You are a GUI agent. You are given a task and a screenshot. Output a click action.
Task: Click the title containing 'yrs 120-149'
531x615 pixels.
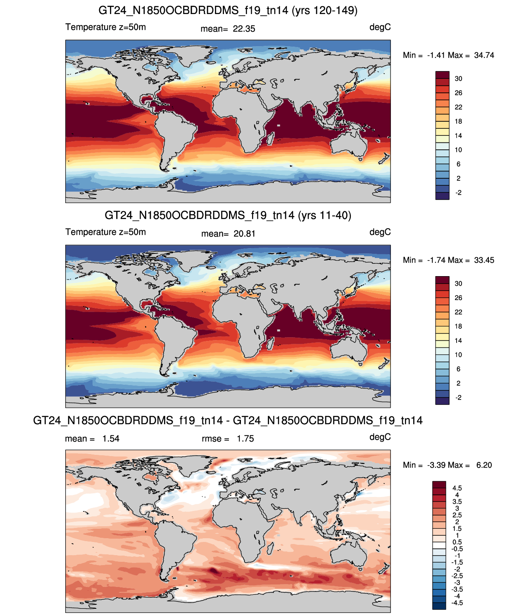coord(228,10)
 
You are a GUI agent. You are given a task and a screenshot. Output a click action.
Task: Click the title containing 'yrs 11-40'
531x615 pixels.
coord(228,215)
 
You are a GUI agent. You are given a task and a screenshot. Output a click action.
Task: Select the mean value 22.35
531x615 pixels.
coord(244,29)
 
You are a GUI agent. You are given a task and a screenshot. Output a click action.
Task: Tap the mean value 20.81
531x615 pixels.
coord(244,234)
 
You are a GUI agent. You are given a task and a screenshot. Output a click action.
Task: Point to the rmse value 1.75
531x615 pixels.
coord(245,439)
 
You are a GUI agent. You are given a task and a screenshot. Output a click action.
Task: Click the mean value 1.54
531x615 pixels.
coord(111,439)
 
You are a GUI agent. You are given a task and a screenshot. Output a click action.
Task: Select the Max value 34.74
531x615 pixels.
coord(484,55)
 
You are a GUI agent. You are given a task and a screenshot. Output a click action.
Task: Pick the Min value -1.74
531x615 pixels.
coord(436,260)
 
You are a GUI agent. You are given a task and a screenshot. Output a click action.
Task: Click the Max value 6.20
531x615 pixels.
coord(484,465)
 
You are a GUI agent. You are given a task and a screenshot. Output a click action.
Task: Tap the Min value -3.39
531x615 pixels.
coord(436,465)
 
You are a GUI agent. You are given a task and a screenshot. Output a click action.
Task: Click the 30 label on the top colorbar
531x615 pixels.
coord(458,79)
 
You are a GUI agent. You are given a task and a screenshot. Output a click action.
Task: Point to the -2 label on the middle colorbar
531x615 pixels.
coord(458,397)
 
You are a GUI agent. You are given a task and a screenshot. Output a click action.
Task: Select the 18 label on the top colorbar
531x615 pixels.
coord(458,121)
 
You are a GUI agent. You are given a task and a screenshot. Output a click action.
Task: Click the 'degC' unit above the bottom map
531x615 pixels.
coord(380,437)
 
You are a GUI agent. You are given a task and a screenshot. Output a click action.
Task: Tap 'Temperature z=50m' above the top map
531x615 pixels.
coord(105,27)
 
